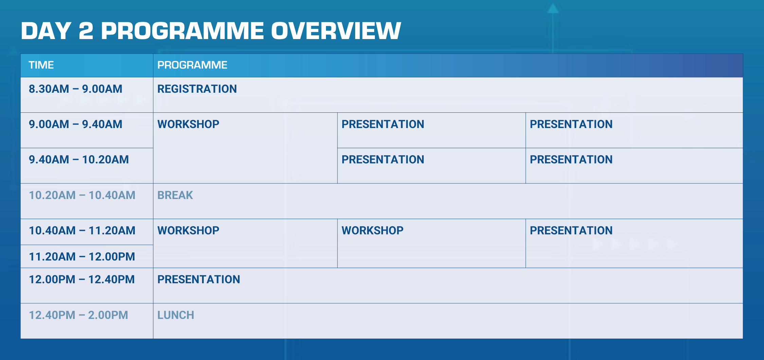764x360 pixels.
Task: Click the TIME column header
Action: pyautogui.click(x=41, y=65)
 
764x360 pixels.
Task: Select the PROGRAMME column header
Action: pyautogui.click(x=192, y=65)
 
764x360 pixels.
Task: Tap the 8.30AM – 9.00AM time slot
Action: pyautogui.click(x=75, y=89)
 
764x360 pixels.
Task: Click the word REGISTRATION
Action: pyautogui.click(x=197, y=89)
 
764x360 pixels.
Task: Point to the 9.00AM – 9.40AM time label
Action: pyautogui.click(x=75, y=124)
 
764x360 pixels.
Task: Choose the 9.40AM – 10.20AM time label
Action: pyautogui.click(x=79, y=160)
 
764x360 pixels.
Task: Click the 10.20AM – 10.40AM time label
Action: pyautogui.click(x=82, y=195)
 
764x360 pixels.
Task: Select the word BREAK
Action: pyautogui.click(x=175, y=195)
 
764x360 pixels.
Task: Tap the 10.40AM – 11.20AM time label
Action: pyautogui.click(x=82, y=231)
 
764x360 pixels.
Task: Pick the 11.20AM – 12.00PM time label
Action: pyautogui.click(x=82, y=257)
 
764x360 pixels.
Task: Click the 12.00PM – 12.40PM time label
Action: pyautogui.click(x=81, y=280)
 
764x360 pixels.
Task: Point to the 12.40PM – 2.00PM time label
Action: pyautogui.click(x=78, y=315)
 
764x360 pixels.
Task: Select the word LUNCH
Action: pyautogui.click(x=176, y=315)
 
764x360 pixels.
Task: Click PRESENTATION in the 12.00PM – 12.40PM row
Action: pyautogui.click(x=199, y=280)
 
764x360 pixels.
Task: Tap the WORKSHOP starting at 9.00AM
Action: pyautogui.click(x=188, y=124)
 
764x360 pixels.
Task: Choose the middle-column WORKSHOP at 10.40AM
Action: pyautogui.click(x=372, y=231)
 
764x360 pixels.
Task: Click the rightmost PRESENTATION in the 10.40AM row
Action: pyautogui.click(x=571, y=231)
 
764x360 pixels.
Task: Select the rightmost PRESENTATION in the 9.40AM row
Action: pyautogui.click(x=571, y=160)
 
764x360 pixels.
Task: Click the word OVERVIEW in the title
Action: pyautogui.click(x=336, y=31)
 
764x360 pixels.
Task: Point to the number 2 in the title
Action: pyautogui.click(x=86, y=31)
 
